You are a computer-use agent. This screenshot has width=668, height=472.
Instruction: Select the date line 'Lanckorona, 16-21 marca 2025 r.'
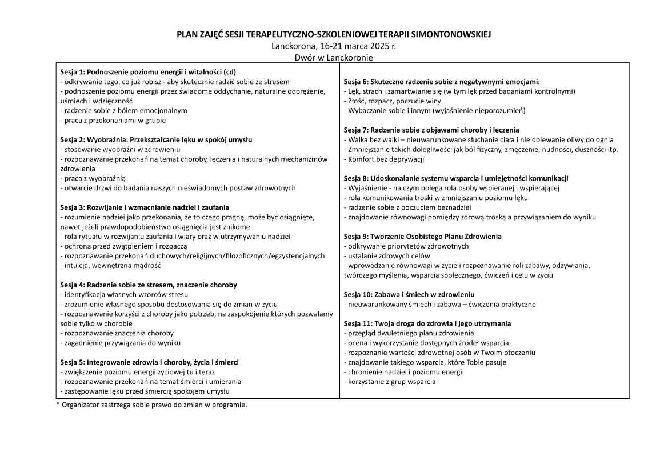click(x=334, y=46)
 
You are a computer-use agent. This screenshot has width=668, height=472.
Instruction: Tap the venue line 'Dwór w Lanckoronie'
click(x=334, y=57)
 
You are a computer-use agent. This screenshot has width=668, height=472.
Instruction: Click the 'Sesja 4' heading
click(x=149, y=285)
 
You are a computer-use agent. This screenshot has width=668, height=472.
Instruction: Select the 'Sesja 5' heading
click(x=149, y=362)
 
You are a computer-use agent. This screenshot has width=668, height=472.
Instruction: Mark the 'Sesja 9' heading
click(x=423, y=236)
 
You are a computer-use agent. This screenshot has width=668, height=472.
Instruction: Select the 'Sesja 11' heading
click(x=427, y=323)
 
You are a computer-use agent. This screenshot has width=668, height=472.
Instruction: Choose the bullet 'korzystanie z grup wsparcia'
click(x=390, y=382)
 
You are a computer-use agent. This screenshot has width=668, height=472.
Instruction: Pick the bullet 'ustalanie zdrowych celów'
click(x=387, y=255)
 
